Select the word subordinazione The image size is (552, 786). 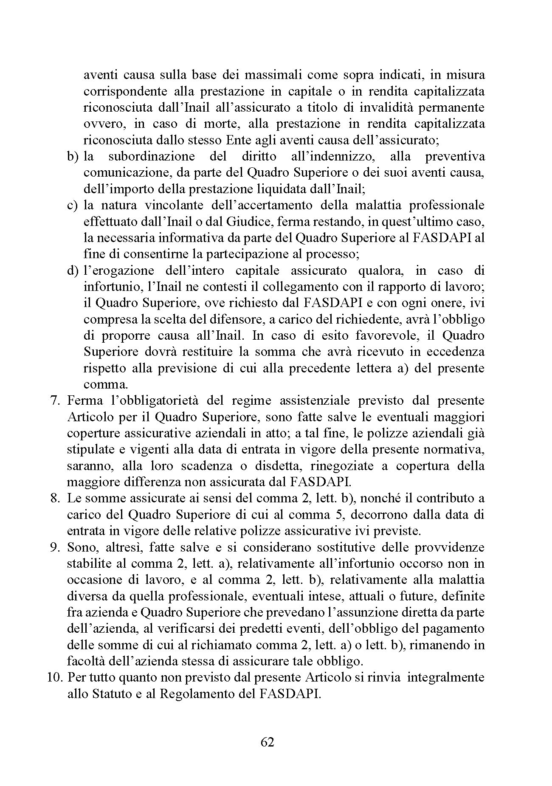click(151, 157)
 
